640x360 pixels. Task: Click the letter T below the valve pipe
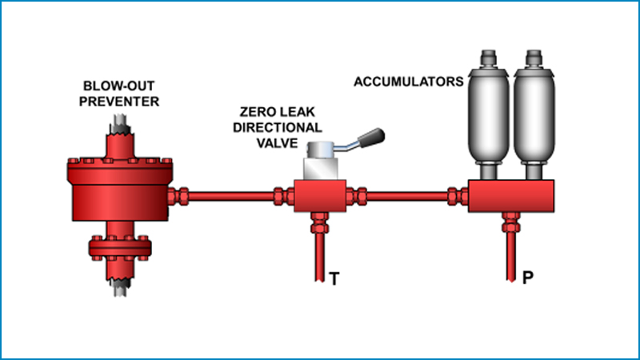[x=334, y=279]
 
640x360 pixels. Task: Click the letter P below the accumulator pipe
[x=527, y=279]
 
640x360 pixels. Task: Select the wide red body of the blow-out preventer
[x=120, y=193]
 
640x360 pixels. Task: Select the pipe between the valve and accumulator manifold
[x=408, y=194]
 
